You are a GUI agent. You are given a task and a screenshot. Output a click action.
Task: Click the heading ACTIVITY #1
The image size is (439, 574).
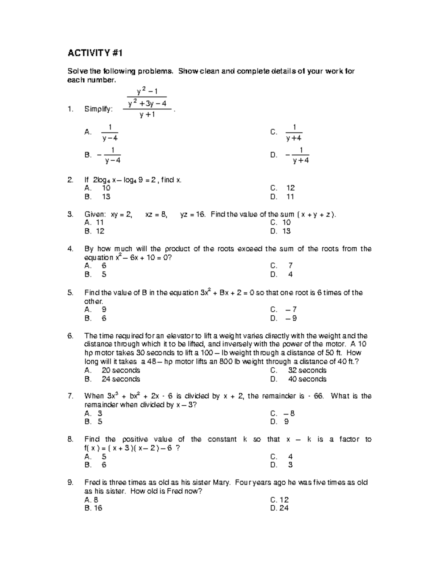point(94,53)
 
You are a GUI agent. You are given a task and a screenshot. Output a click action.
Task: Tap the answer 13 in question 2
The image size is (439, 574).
point(106,197)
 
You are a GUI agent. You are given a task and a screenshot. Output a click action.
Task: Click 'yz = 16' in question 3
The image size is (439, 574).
point(193,214)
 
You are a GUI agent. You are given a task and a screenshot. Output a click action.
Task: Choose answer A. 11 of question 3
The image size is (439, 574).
point(94,222)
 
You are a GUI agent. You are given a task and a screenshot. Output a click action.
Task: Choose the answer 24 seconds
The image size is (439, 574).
point(121,379)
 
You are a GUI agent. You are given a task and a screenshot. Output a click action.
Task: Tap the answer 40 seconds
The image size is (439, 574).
point(307,379)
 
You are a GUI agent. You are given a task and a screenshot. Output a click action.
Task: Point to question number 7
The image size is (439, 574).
point(71,396)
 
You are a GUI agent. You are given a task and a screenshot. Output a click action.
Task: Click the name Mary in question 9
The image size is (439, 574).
point(221,483)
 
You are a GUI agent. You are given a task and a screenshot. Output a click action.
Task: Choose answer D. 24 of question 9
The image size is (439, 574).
point(279,508)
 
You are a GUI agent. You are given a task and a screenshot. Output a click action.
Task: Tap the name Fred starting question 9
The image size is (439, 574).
point(91,483)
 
